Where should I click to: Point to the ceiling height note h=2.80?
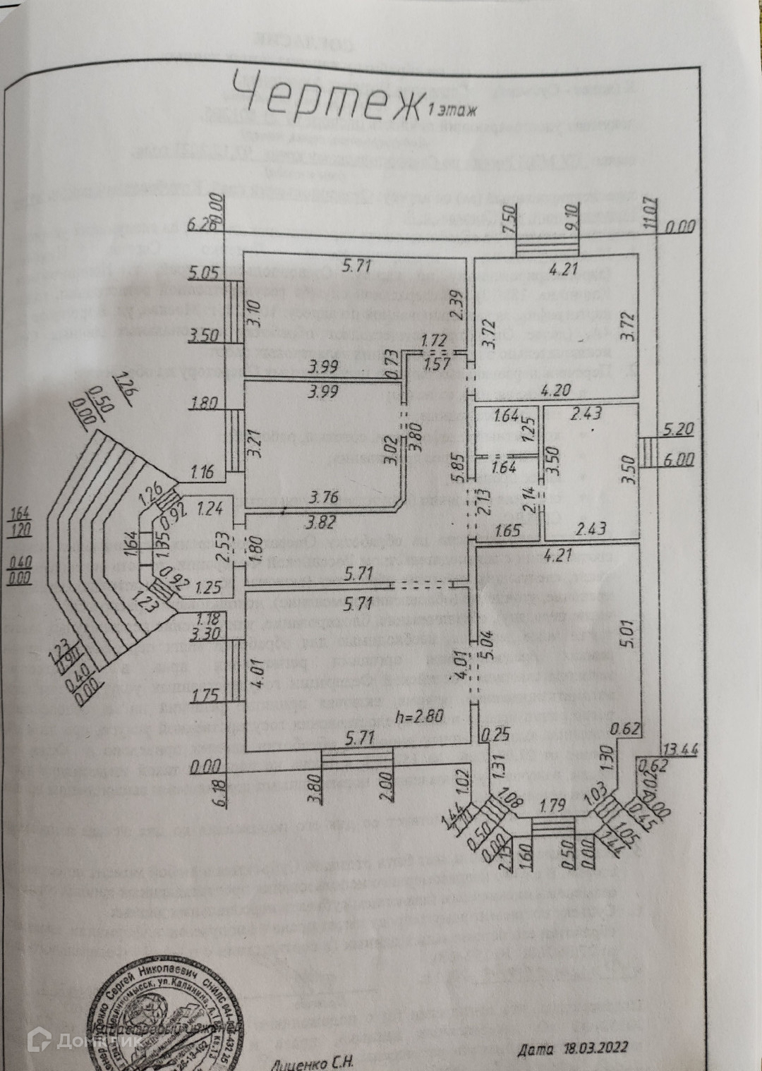(419, 717)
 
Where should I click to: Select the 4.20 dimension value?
(555, 389)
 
